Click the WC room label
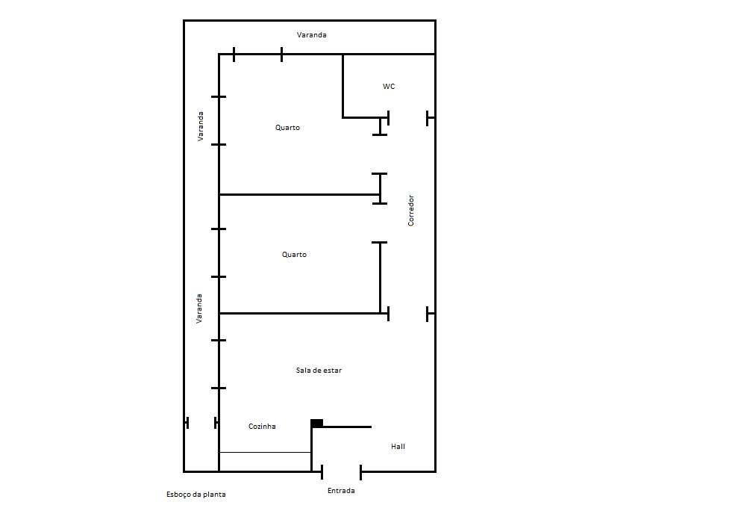[x=389, y=87]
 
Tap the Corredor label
[x=411, y=211]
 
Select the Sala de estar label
[x=319, y=371]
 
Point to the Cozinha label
[x=262, y=427]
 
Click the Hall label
[x=398, y=447]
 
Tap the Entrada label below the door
[x=341, y=490]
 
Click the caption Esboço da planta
[x=196, y=494]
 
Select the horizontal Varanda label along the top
[x=311, y=35]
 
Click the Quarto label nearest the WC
[x=287, y=128]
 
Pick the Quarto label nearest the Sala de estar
[x=294, y=255]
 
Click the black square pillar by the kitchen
[x=316, y=423]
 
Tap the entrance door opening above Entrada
[x=341, y=471]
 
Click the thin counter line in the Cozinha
[x=265, y=452]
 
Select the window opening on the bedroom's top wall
[x=257, y=55]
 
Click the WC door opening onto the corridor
[x=407, y=118]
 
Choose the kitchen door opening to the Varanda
[x=201, y=423]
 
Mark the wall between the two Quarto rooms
[x=299, y=194]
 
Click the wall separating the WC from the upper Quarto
[x=342, y=86]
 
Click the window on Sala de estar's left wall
[x=219, y=364]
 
